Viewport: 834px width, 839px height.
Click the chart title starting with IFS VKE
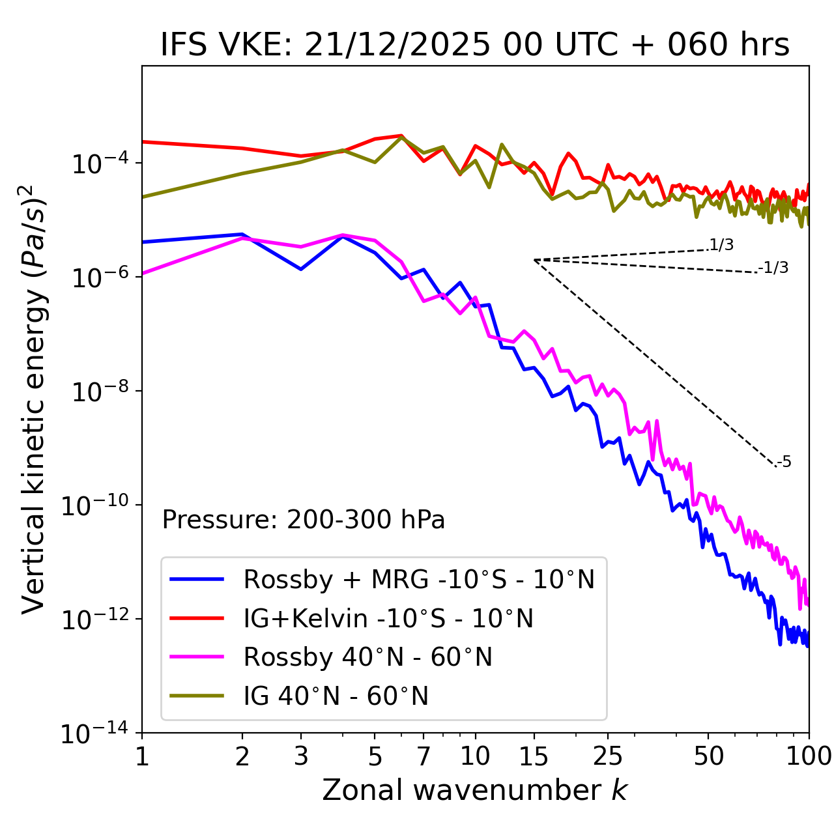[x=474, y=45]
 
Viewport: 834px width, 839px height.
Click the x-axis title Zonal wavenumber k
[x=474, y=790]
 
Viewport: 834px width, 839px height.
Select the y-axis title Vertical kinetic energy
[x=34, y=399]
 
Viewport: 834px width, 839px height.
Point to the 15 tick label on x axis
[x=534, y=756]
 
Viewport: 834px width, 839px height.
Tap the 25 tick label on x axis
[x=608, y=756]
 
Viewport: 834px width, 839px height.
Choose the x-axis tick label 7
[x=424, y=756]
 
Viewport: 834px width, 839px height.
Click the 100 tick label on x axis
[x=809, y=756]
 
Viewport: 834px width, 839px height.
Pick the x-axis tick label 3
[x=301, y=756]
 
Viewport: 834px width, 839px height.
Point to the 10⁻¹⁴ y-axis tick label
[x=95, y=733]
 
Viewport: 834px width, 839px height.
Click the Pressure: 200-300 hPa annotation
[x=303, y=520]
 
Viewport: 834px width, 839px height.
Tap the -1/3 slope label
[x=773, y=267]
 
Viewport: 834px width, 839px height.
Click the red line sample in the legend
[x=197, y=618]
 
